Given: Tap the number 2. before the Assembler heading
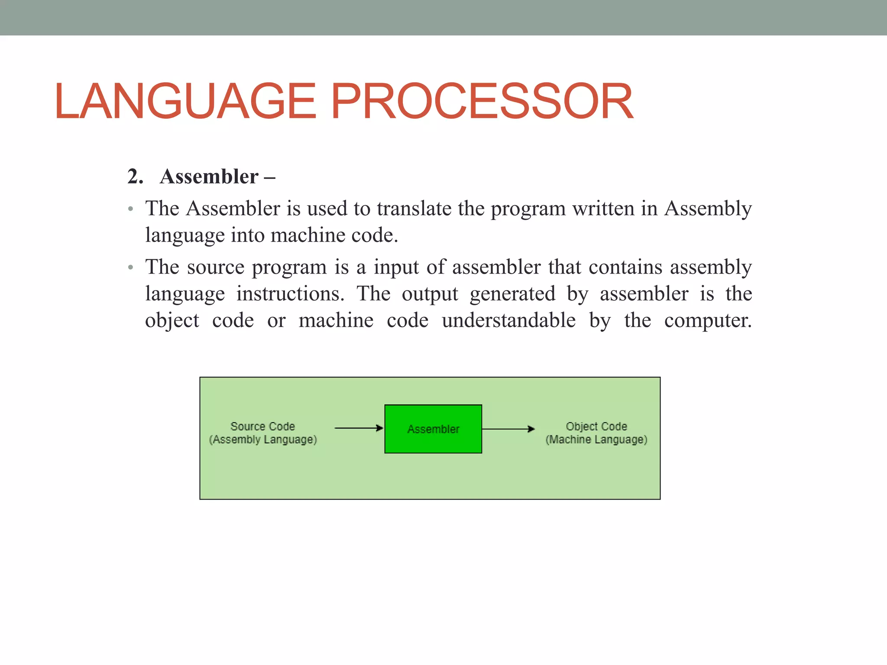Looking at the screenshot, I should tap(135, 177).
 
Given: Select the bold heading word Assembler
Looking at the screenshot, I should tap(209, 177).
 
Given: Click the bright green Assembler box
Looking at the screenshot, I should tap(433, 429).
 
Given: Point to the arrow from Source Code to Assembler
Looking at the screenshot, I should tap(359, 428).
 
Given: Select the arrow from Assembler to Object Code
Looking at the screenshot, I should tap(508, 429).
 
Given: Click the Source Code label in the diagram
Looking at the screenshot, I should tap(262, 426).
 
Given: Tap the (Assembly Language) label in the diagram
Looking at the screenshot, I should tap(263, 440).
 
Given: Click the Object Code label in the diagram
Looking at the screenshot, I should tap(596, 426).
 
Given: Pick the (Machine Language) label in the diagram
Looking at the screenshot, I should tap(596, 440).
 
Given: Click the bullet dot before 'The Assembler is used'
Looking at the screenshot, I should tap(130, 210).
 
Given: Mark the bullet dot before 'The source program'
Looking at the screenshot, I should tap(130, 268).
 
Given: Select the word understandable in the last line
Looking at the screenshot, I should tap(508, 321).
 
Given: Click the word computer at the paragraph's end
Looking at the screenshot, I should tap(708, 321).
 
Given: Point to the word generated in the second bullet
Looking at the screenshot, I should tap(512, 294).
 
